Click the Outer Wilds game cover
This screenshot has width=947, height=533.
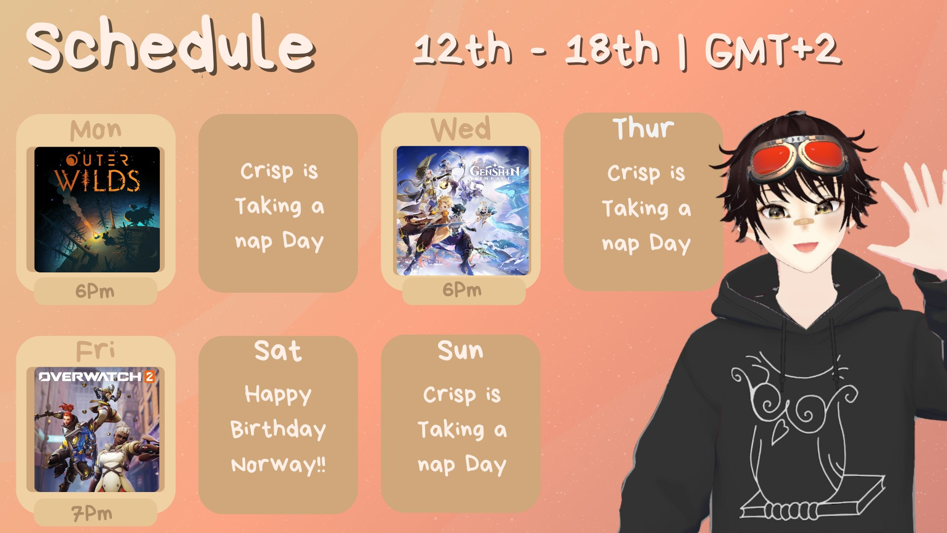pos(97,209)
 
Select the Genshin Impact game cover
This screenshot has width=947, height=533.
pos(463,210)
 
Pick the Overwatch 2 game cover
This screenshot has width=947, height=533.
pos(97,429)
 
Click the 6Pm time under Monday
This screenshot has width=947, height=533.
pos(95,291)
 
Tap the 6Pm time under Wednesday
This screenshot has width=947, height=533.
pos(462,290)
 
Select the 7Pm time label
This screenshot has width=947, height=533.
pos(92,514)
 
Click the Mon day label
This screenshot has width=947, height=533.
pos(96,130)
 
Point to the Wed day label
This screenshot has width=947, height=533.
pos(461,129)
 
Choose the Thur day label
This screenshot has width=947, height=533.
pos(643,128)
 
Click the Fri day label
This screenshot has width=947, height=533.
pos(95,351)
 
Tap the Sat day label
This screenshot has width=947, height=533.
pos(278,351)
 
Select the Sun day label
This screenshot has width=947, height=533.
pos(461,350)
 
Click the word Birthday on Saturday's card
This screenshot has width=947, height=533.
pos(278,429)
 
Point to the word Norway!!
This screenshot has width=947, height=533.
pos(279,464)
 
